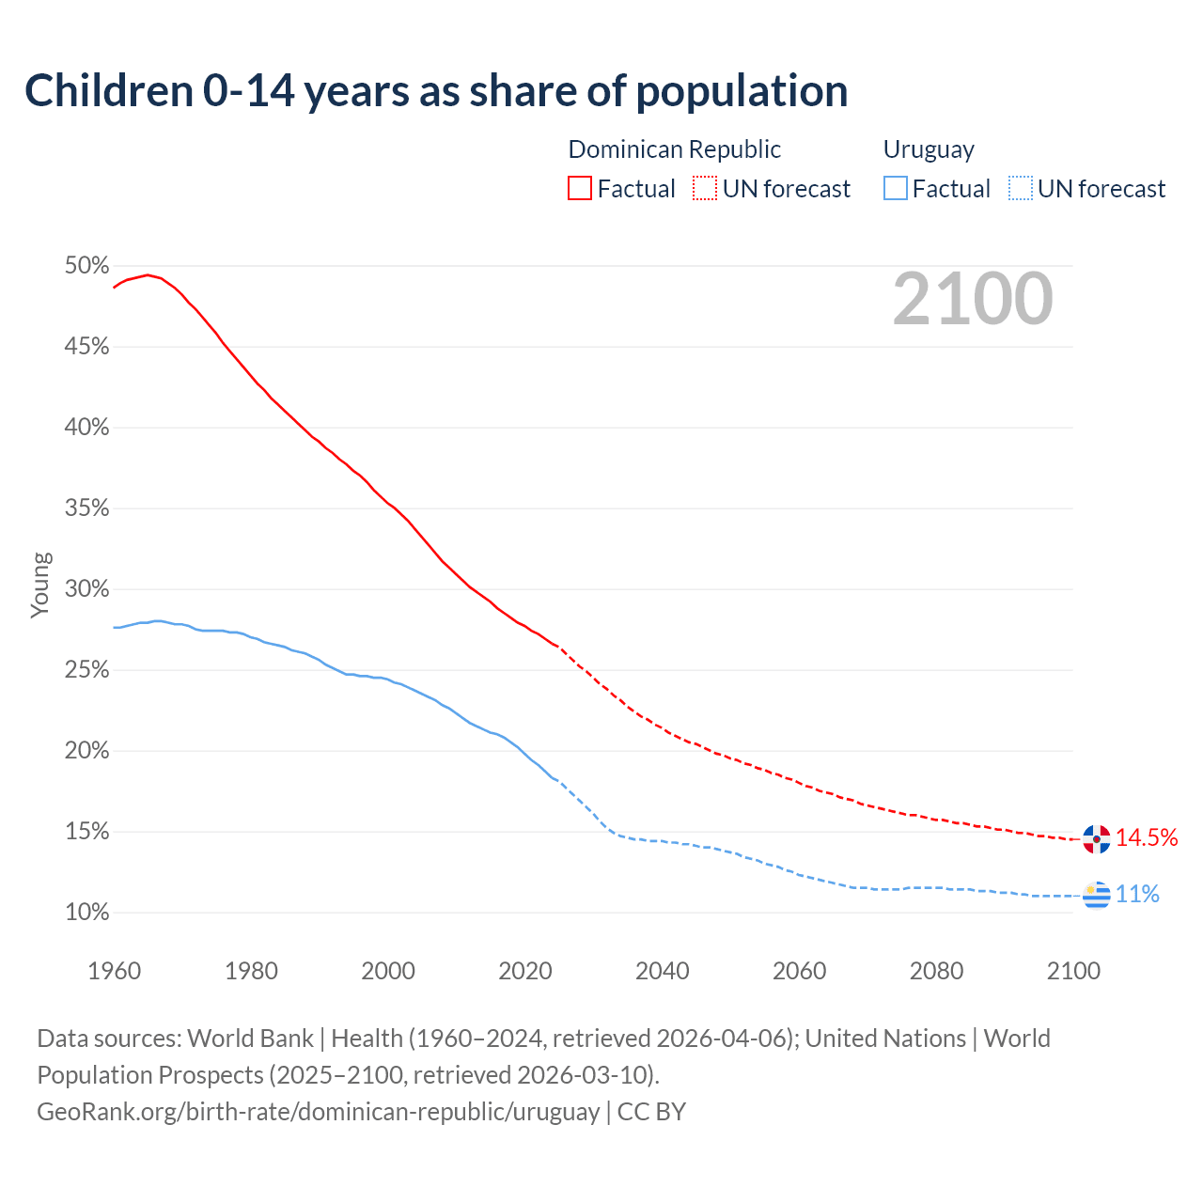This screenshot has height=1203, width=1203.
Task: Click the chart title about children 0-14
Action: [436, 91]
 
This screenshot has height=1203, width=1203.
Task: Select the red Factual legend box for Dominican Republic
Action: [580, 189]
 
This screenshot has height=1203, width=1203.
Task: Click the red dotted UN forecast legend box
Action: [705, 189]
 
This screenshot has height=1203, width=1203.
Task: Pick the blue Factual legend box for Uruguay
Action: [896, 189]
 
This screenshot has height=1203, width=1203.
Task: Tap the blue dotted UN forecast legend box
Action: [1021, 189]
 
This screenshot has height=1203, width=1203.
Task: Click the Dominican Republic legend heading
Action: [674, 149]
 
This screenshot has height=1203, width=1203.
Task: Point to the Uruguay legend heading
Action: [929, 149]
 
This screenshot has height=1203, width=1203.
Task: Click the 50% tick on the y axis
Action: [87, 266]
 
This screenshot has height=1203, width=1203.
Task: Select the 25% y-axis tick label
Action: [87, 670]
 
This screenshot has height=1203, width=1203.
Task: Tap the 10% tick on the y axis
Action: [87, 913]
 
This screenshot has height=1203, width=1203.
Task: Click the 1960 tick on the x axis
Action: [114, 971]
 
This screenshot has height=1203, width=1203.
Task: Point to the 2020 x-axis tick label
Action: [525, 971]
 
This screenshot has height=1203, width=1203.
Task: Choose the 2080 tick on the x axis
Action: [936, 971]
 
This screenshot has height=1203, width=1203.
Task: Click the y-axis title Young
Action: [40, 585]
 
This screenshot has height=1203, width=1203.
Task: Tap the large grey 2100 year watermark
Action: [973, 299]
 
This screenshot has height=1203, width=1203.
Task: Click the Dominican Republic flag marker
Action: [1096, 838]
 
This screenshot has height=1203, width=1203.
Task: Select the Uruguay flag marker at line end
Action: [1096, 895]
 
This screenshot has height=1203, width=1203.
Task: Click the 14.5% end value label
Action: [1147, 838]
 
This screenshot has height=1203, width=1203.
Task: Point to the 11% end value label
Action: [1137, 895]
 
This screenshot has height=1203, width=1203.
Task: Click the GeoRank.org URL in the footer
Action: [318, 1112]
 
